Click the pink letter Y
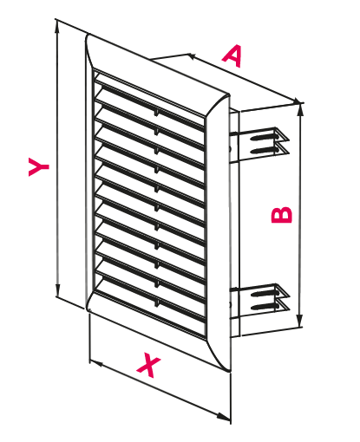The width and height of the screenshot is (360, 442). (39, 166)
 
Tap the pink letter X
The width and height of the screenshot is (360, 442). (148, 365)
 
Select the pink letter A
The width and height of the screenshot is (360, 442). (232, 55)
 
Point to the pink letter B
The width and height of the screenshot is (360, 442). (282, 215)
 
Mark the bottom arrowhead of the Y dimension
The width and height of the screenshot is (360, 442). (58, 291)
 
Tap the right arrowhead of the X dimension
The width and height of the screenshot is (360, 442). (224, 417)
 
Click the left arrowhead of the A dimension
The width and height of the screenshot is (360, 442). (193, 56)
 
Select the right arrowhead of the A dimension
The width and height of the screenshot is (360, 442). (297, 101)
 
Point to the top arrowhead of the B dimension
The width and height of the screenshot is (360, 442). (301, 110)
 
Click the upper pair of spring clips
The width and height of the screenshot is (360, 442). (260, 144)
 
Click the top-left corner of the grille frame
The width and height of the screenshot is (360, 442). (88, 36)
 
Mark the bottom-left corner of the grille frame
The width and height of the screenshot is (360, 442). (88, 309)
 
